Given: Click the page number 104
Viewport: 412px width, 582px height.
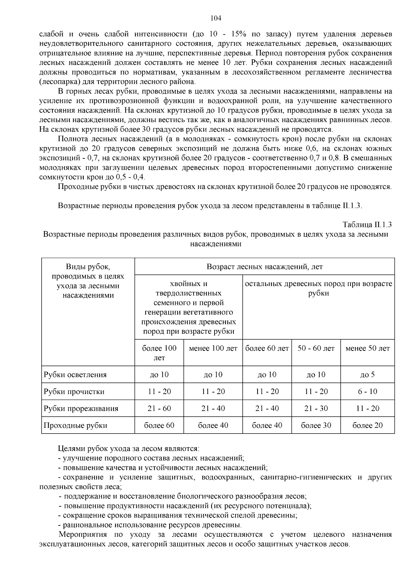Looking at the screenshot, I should (x=216, y=18).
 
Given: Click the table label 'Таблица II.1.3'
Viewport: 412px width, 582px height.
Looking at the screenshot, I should (x=367, y=225).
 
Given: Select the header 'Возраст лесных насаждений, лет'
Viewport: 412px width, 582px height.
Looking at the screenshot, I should (x=264, y=267).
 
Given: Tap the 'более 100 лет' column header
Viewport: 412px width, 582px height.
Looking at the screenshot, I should (x=159, y=353).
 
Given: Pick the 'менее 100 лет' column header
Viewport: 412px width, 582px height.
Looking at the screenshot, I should (x=213, y=348).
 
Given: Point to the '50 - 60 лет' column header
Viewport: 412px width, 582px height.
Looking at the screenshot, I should (x=316, y=348).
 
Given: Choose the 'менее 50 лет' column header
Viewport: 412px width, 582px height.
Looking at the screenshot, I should (x=367, y=348).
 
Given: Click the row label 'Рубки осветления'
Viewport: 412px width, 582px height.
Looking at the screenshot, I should (x=75, y=375).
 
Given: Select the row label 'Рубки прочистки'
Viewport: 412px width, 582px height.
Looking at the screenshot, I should (x=74, y=392).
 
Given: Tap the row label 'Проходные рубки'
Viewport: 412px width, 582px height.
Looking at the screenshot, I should (x=75, y=426).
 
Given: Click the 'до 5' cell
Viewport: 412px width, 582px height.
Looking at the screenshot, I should (x=367, y=375).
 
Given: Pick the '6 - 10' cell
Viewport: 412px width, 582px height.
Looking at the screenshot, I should (x=367, y=392).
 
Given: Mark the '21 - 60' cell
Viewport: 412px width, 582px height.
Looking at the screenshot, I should (x=159, y=408).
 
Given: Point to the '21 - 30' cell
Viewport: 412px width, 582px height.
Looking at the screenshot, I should (x=316, y=408).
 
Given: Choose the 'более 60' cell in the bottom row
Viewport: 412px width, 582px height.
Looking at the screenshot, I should (x=159, y=426).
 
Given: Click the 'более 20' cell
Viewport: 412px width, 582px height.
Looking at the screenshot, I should (x=367, y=426).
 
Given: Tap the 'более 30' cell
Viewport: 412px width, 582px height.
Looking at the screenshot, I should (x=316, y=426).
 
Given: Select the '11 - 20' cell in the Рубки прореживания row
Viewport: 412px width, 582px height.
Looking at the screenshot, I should (x=367, y=408).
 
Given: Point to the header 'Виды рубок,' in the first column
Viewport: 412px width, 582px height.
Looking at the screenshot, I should (x=88, y=267).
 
